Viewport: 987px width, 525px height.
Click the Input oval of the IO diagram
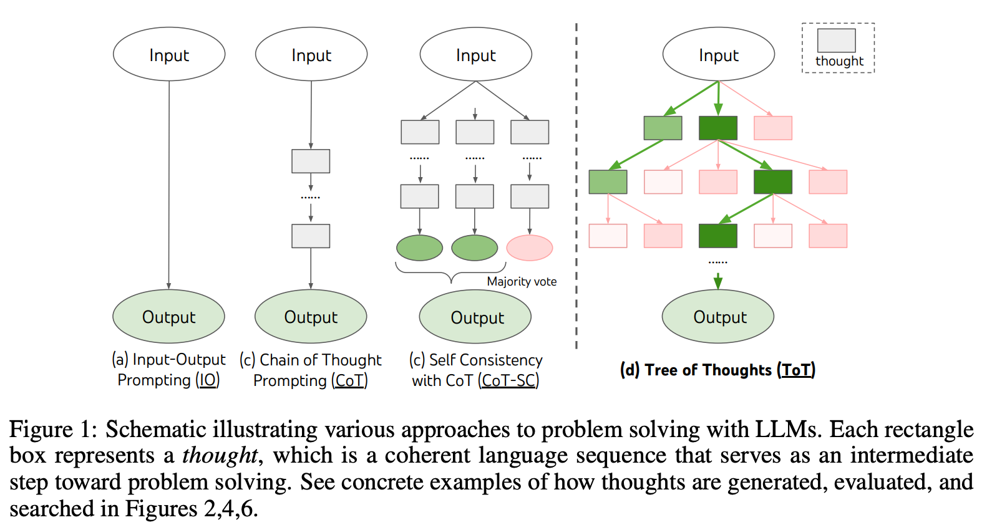[168, 55]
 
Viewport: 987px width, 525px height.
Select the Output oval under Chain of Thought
[311, 317]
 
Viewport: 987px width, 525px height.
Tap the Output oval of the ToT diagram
[718, 317]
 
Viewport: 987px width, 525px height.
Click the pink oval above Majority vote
[529, 248]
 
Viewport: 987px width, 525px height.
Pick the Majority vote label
[522, 281]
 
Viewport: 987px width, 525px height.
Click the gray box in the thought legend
[836, 41]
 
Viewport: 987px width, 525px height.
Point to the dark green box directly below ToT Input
[718, 128]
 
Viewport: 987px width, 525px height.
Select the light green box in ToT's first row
[663, 128]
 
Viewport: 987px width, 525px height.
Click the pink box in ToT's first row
[773, 128]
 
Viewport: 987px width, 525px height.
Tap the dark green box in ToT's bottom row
[718, 236]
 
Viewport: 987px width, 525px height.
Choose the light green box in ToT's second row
[608, 181]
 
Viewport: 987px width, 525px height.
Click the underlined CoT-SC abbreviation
[508, 380]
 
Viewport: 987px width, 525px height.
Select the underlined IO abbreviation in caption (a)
[208, 380]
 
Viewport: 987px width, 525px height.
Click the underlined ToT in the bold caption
[796, 370]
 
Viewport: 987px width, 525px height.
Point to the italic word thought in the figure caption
[220, 455]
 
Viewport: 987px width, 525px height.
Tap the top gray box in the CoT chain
[311, 161]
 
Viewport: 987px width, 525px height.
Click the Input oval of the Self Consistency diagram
[475, 55]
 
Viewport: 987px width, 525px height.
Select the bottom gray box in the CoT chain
[311, 236]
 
